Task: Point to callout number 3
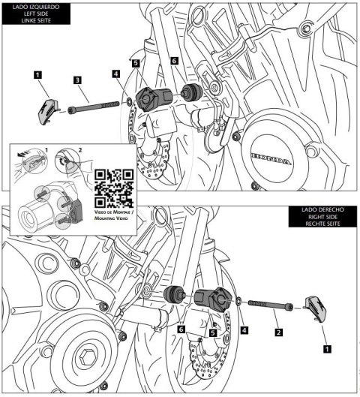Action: coord(77,80)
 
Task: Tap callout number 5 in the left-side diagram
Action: coord(135,65)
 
